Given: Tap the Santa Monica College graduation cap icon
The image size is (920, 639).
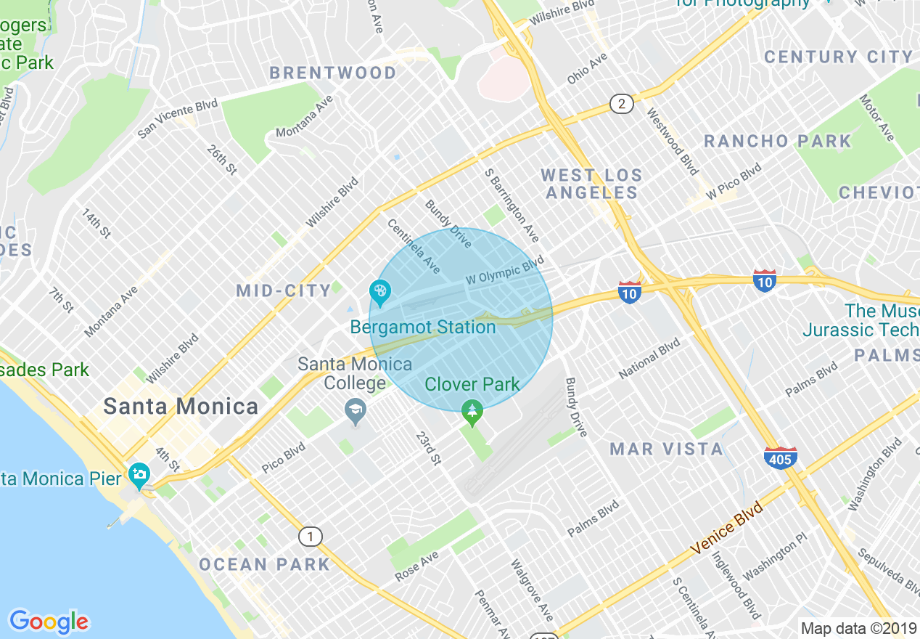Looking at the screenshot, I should (x=356, y=412).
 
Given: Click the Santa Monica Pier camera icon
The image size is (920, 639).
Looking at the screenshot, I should (x=138, y=476).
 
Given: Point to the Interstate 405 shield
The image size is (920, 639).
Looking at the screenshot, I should (x=781, y=457).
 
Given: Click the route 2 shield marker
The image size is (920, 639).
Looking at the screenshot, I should (x=620, y=104).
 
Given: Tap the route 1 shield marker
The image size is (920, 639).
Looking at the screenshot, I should (x=310, y=537).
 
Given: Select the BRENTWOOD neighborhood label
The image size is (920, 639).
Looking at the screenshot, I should (x=333, y=73).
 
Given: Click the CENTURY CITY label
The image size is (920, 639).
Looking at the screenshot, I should (x=838, y=57).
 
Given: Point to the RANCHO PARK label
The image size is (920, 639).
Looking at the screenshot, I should (x=777, y=141).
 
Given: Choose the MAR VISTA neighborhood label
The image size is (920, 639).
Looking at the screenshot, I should (x=666, y=449).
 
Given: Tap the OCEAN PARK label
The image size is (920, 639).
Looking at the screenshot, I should (x=264, y=564).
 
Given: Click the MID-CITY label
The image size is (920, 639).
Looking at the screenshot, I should (x=284, y=291).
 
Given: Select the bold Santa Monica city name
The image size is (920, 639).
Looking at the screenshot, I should (x=181, y=406).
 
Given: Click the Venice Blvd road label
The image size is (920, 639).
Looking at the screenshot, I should (x=727, y=528).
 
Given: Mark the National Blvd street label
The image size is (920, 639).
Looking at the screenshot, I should (x=649, y=358).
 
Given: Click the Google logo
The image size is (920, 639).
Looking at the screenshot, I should (x=49, y=622).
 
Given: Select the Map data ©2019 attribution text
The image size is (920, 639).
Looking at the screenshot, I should (x=856, y=628).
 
